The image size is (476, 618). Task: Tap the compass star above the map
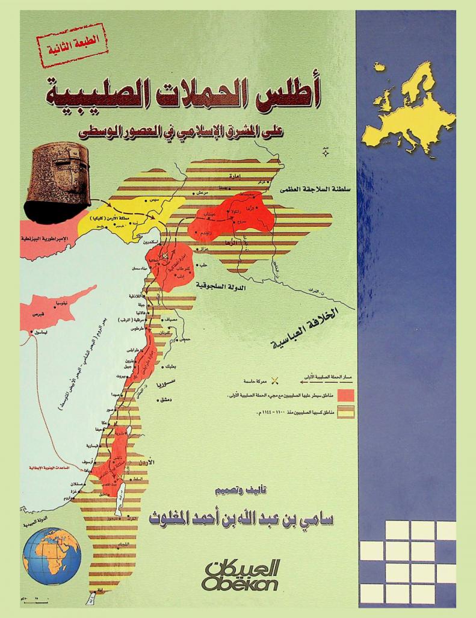[x=326, y=153]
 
